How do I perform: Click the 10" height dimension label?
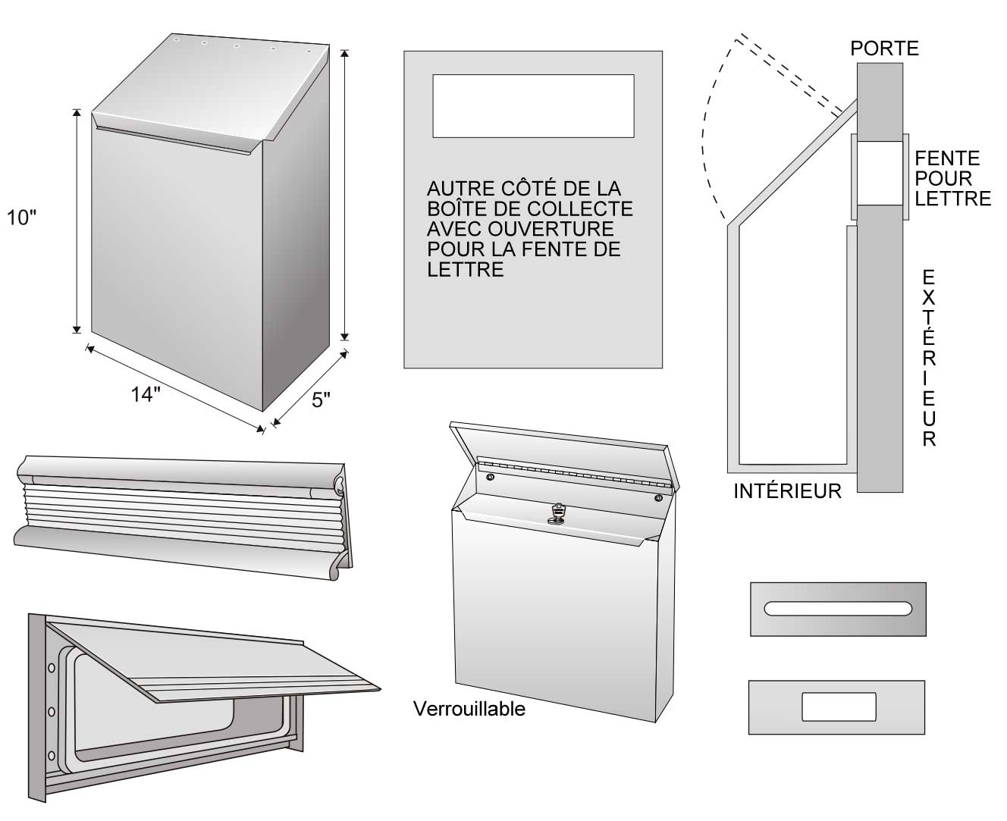21,218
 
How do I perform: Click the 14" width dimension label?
146,394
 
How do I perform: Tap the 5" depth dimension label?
322,400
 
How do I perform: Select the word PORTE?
884,49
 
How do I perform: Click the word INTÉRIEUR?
787,491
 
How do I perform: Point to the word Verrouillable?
469,709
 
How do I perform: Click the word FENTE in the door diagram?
947,158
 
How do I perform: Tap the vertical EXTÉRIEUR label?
929,358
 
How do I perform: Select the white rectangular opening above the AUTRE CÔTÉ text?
533,105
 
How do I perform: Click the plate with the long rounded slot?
838,608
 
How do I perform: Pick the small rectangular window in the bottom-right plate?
839,707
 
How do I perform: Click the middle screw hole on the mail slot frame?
51,711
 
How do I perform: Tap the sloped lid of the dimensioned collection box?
212,87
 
